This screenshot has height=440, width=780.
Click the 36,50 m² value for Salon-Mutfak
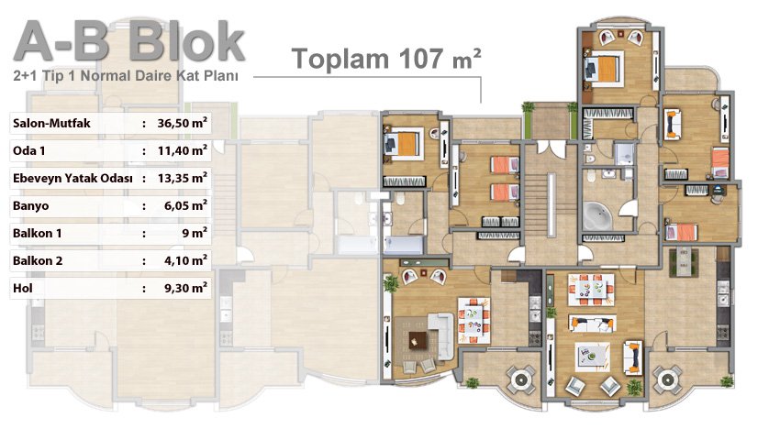pos(182,123)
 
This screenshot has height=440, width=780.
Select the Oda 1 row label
pos(28,150)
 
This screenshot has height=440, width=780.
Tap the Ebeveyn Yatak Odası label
pos(72,179)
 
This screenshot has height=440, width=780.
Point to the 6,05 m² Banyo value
pos(185,205)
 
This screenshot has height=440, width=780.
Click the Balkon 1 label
pos(38,233)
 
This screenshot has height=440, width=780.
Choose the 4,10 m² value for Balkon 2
pos(185,260)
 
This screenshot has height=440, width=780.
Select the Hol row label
pos(23,288)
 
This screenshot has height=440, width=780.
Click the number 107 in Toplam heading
pos(420,58)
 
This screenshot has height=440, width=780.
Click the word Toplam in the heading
pos(340,60)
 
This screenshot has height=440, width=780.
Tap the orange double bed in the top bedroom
pos(604,68)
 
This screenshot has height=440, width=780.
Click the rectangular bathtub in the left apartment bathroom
pos(404,246)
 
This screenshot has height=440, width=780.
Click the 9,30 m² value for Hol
pos(185,288)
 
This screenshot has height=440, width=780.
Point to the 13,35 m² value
pos(182,178)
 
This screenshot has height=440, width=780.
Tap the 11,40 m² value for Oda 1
pos(182,150)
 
